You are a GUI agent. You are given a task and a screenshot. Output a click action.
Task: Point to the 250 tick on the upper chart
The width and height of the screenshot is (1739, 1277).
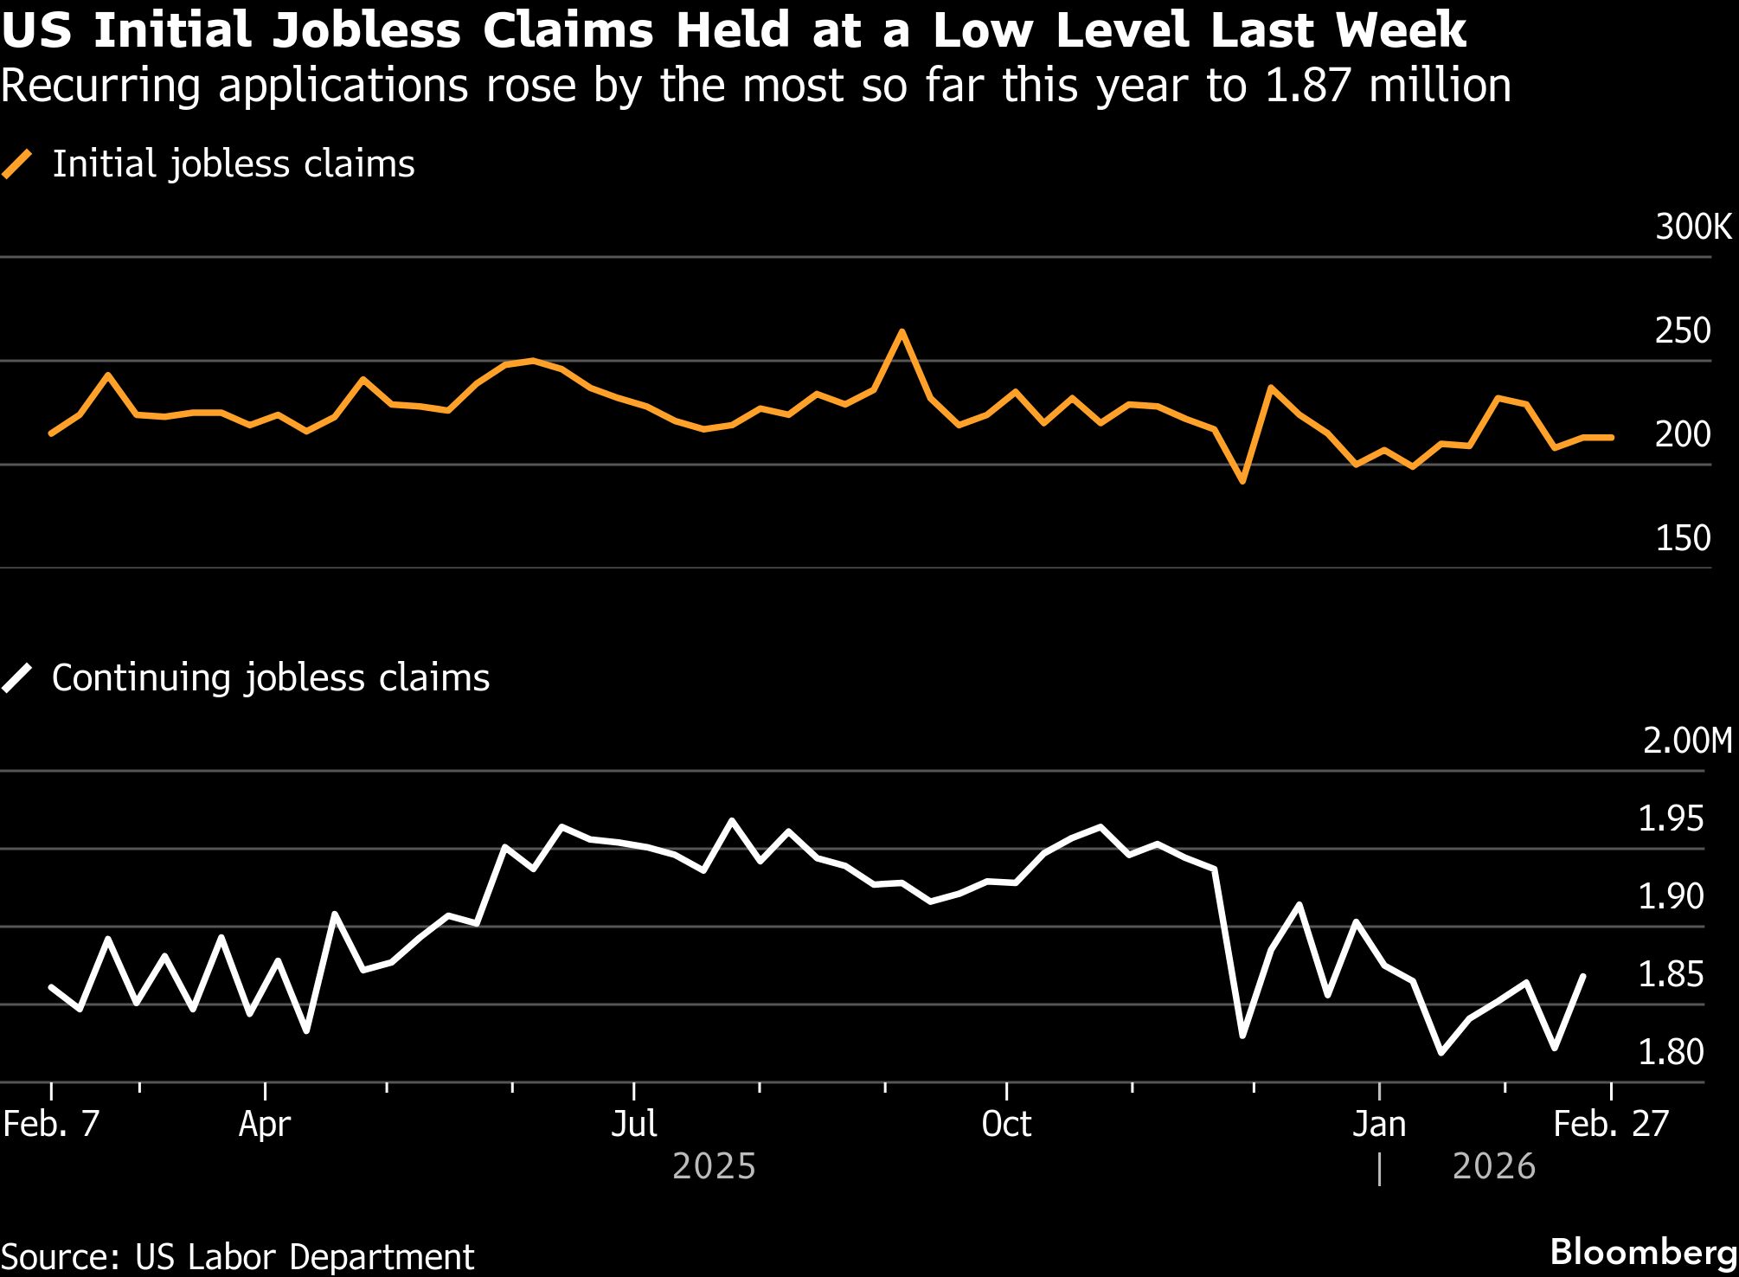[1682, 330]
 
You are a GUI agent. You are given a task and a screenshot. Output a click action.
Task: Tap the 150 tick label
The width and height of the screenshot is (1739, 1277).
[1682, 538]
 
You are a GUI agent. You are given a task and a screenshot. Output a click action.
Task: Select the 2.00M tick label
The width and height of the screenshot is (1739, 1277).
[1687, 741]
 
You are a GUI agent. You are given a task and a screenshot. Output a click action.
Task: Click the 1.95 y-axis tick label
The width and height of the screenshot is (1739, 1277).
[1671, 818]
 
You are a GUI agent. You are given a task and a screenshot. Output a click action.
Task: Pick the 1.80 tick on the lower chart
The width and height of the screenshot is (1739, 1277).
[1671, 1052]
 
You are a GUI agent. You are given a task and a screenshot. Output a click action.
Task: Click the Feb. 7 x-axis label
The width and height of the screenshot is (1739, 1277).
[52, 1124]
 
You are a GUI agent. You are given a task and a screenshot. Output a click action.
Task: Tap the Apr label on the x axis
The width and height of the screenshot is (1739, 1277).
[265, 1124]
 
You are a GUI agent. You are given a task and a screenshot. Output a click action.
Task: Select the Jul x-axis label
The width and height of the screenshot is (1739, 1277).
[634, 1124]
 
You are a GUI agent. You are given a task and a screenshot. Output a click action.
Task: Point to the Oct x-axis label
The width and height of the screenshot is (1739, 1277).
[1006, 1124]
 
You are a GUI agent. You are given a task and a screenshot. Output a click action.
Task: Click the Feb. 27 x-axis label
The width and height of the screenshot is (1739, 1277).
[1610, 1124]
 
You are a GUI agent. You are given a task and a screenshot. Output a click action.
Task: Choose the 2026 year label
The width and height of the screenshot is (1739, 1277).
[1493, 1166]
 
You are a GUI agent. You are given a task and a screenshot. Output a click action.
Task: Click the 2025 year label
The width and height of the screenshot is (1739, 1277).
[714, 1166]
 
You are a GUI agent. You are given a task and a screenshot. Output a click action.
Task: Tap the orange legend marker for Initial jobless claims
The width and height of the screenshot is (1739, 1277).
[17, 164]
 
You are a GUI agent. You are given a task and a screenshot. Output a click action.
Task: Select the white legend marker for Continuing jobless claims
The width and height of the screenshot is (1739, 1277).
[17, 677]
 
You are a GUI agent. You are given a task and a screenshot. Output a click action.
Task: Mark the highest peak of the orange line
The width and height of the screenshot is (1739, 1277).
[902, 331]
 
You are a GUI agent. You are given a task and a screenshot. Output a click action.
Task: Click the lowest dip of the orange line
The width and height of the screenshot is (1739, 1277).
[1242, 481]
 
